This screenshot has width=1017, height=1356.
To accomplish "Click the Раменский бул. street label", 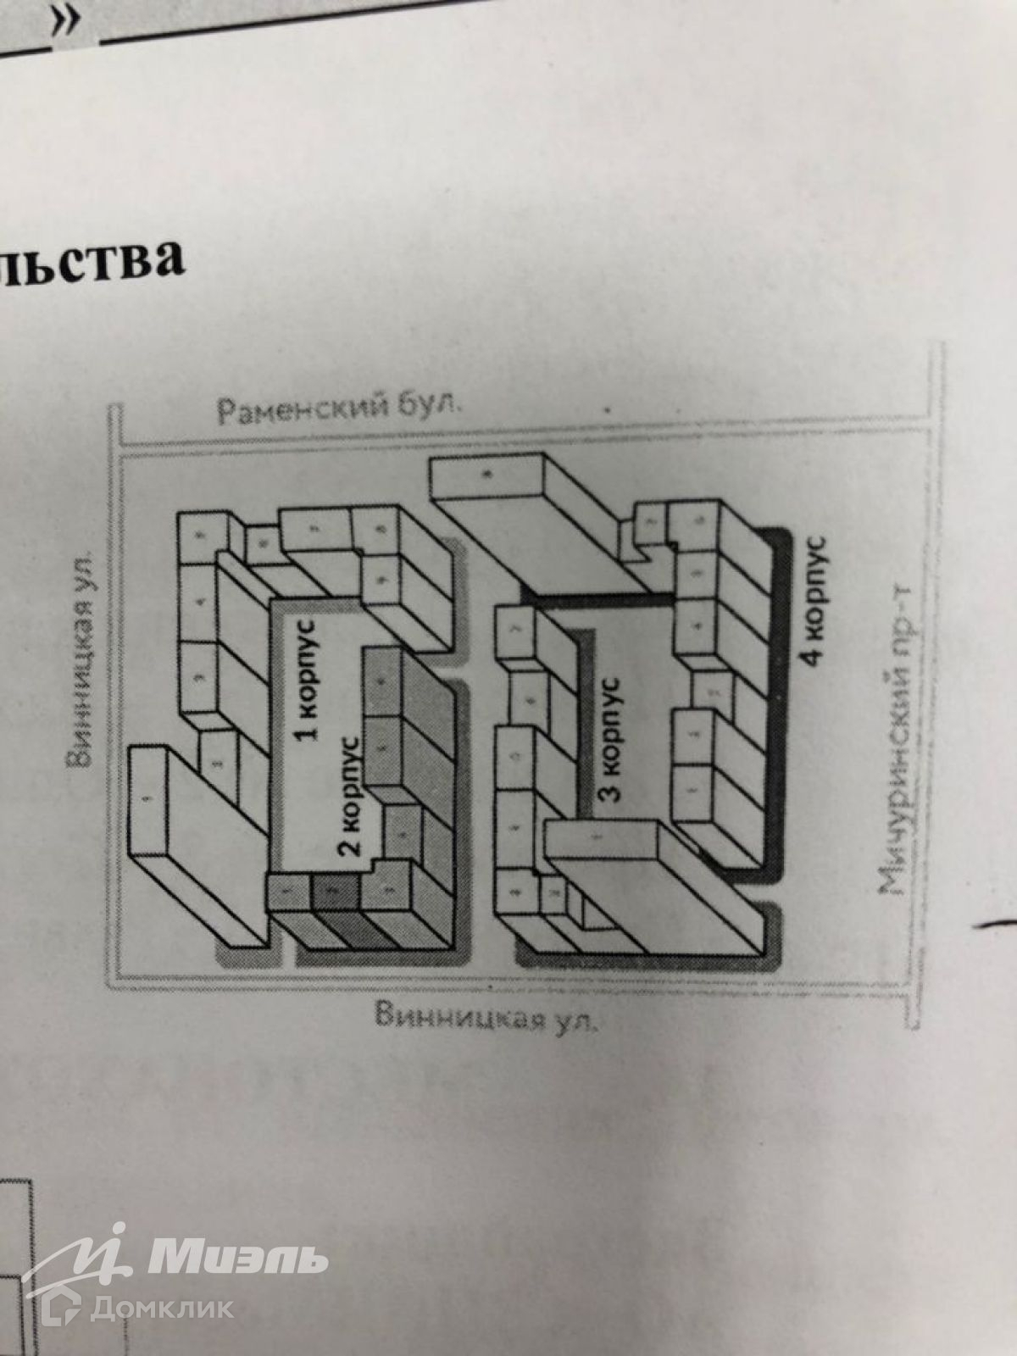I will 340,412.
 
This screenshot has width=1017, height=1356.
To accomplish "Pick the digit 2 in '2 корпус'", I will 356,844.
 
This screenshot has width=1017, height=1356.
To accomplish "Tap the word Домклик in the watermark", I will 161,1308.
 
